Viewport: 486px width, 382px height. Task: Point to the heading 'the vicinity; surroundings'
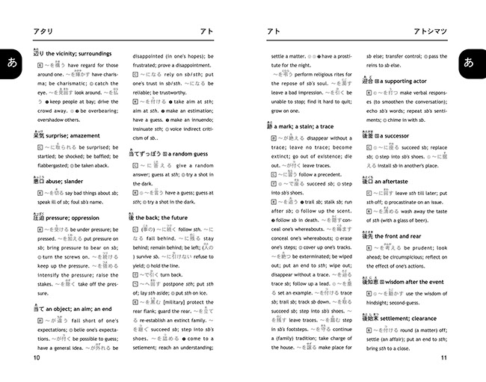pos(79,54)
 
